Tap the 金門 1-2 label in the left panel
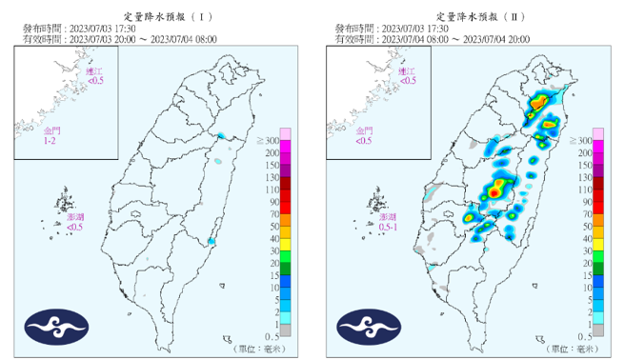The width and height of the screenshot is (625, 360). point(50,135)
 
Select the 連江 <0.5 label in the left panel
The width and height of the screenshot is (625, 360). point(95,76)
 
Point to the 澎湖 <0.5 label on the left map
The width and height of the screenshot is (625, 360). point(75,223)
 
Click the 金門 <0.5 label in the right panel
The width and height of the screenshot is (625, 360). point(363,135)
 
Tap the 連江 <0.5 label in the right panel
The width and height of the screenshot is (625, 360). point(407,76)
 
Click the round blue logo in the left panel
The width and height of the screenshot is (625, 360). point(56,326)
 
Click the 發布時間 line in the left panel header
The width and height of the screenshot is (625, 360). point(74,30)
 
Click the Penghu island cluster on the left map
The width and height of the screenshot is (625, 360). point(64,204)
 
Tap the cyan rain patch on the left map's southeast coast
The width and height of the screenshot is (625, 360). point(211,242)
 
